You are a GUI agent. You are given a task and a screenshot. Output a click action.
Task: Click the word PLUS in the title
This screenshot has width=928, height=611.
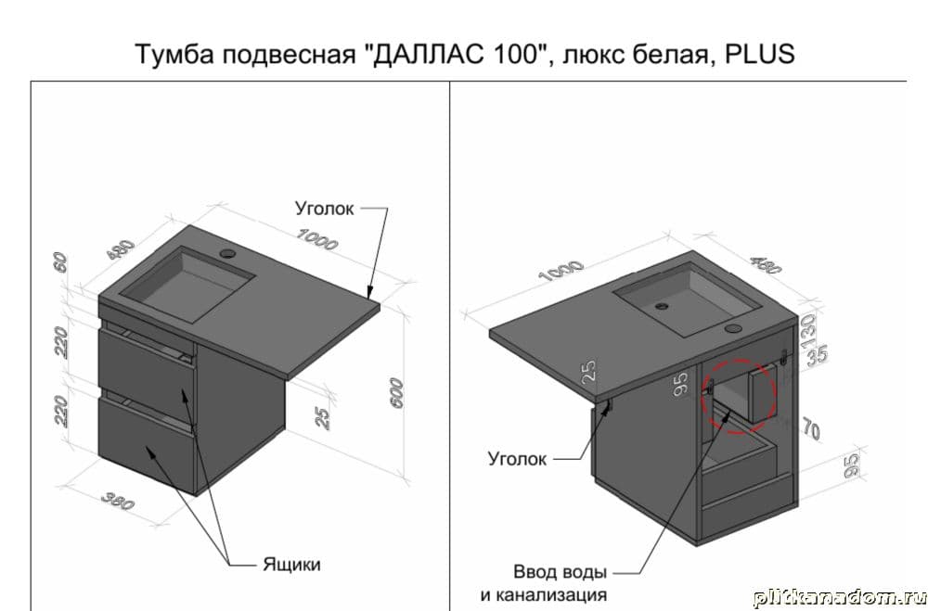coord(759,54)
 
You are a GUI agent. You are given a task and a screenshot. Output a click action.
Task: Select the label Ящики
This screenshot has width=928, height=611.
coord(291,565)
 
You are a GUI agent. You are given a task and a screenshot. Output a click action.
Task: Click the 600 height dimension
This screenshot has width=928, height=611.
coord(396,393)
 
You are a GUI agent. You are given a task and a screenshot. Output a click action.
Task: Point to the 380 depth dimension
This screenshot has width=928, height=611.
coord(118,501)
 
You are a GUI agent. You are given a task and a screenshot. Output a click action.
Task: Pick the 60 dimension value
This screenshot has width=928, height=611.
coord(60,262)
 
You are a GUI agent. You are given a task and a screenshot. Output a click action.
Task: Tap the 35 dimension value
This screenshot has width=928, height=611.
coord(818,356)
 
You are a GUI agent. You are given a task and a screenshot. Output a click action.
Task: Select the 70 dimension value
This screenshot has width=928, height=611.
coord(811,428)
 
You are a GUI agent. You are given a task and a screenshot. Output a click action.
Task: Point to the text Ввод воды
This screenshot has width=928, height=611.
coord(560,572)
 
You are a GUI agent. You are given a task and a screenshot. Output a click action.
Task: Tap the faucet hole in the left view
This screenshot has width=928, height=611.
coord(227,254)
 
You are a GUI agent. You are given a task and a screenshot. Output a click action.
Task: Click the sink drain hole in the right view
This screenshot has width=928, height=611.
coord(661,306)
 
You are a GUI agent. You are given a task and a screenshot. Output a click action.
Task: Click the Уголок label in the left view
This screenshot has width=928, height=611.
coord(324,209)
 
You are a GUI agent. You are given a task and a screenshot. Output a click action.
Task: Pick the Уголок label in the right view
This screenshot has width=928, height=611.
coord(517,458)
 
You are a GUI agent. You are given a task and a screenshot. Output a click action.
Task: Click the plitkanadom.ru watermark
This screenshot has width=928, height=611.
coord(840,599)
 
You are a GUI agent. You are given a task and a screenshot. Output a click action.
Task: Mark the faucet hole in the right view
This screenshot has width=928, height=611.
coord(734,327)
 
